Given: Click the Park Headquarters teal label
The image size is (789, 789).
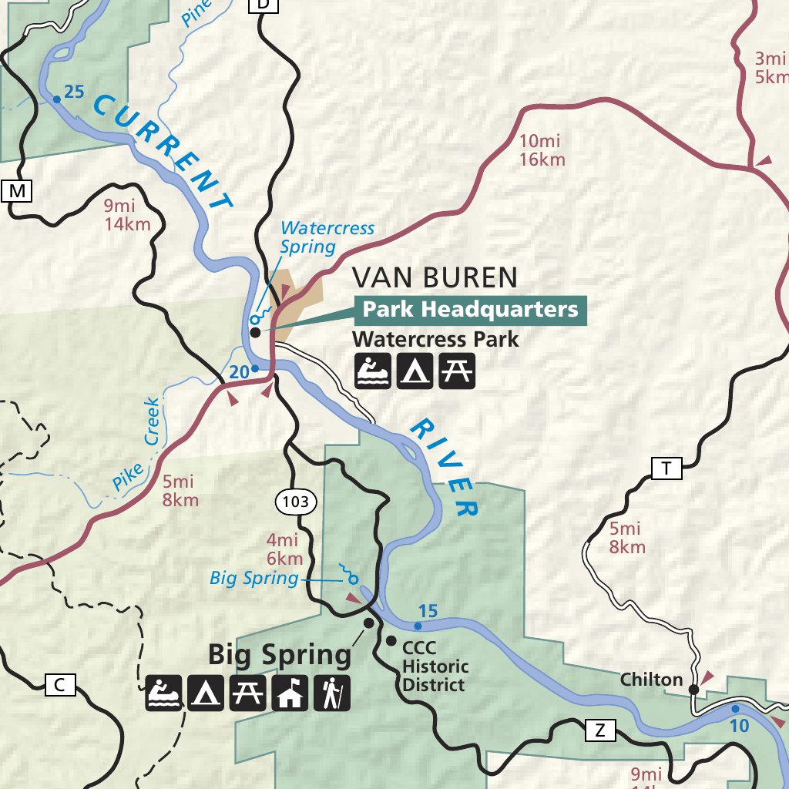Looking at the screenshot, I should [x=470, y=310].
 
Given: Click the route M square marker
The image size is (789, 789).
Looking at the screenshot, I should [x=18, y=190].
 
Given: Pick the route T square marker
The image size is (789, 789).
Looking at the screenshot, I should [x=666, y=468].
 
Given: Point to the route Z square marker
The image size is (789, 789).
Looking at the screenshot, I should [x=600, y=730].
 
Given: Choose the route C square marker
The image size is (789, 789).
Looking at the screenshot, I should [x=60, y=684].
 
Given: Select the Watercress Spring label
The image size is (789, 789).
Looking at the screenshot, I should [x=327, y=237].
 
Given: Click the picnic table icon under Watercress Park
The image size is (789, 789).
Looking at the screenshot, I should [x=457, y=371].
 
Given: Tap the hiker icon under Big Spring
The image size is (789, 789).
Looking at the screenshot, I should [x=331, y=693].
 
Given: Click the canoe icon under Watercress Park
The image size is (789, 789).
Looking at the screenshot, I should [x=373, y=371].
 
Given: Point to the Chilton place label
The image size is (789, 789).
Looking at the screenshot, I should [x=652, y=680].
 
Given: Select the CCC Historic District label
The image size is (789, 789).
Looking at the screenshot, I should [x=435, y=666].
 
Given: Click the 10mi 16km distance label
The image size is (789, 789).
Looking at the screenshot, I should [x=542, y=150].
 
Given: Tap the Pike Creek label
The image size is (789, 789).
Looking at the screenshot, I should [x=136, y=447].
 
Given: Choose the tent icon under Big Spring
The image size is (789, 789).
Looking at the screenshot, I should [x=206, y=693].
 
